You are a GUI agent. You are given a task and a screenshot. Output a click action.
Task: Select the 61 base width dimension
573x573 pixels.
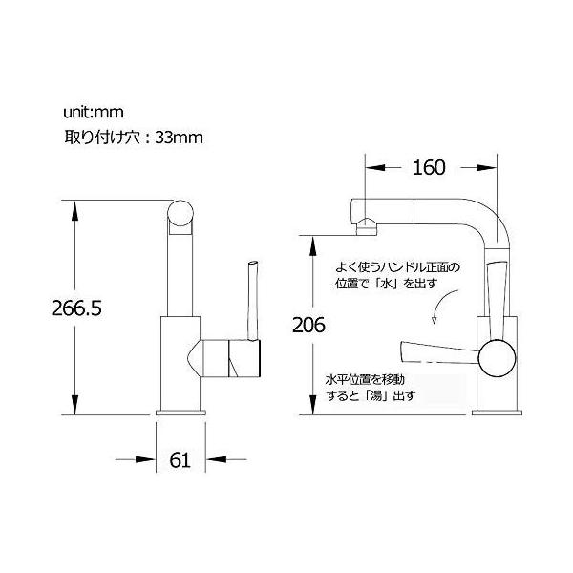(180, 459)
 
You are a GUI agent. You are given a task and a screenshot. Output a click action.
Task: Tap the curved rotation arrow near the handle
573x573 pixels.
(437, 309)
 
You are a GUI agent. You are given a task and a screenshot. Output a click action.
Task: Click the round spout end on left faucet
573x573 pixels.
(180, 217)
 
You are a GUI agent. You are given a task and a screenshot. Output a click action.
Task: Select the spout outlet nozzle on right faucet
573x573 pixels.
(365, 227)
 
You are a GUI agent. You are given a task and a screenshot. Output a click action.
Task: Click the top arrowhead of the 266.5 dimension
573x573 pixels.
(74, 207)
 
